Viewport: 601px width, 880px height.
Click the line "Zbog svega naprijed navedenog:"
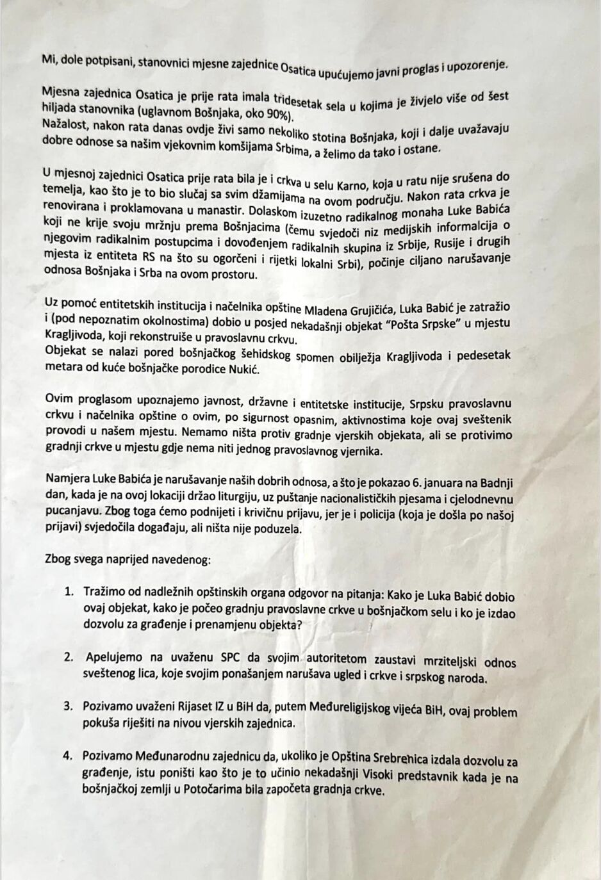[127, 559]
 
